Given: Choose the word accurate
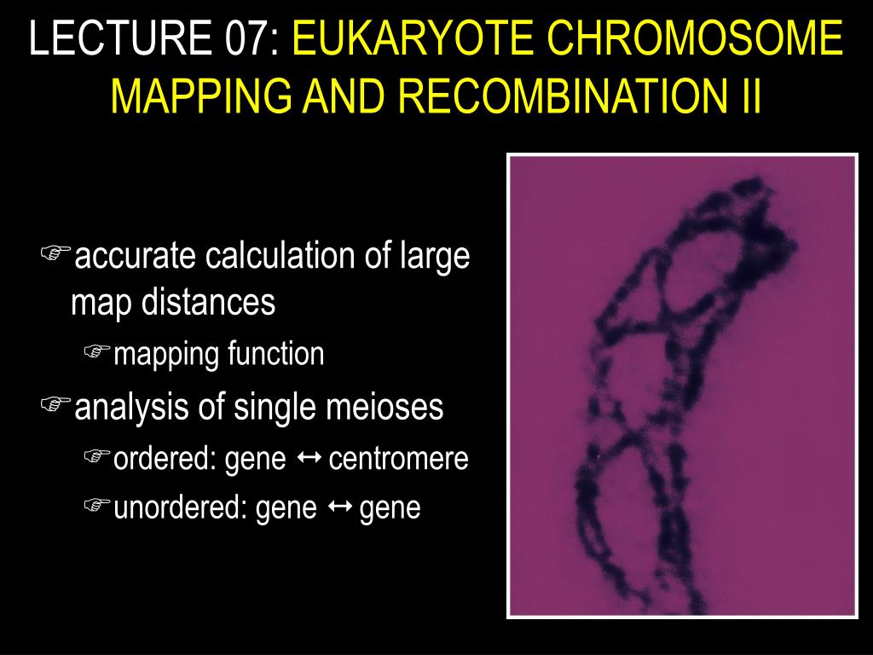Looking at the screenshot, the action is coord(136,256).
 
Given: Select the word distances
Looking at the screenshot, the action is coord(208,303).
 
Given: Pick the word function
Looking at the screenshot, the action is coord(275,354).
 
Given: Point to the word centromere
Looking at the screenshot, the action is coord(399,459).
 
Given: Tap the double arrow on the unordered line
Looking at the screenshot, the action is coord(339,507).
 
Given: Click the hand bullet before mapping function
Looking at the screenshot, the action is coord(97,351).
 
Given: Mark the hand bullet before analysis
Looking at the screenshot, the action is coord(55,403).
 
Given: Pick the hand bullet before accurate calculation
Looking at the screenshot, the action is coord(55,252).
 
